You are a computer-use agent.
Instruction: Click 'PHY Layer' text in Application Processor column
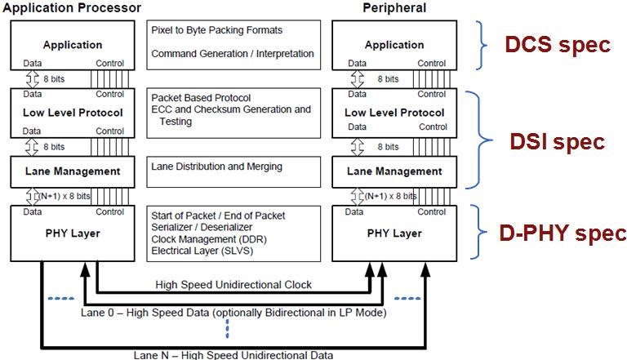pyautogui.click(x=73, y=233)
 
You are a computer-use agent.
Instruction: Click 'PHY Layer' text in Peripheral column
pyautogui.click(x=394, y=233)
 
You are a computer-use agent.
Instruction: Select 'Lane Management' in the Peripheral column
pyautogui.click(x=394, y=171)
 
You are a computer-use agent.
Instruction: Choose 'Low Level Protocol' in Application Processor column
pyautogui.click(x=73, y=112)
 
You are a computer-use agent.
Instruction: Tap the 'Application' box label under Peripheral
pyautogui.click(x=394, y=45)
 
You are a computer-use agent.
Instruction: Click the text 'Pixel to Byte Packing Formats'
pyautogui.click(x=216, y=30)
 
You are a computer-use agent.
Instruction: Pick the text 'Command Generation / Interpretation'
pyautogui.click(x=232, y=54)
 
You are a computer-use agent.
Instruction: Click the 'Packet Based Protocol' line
pyautogui.click(x=201, y=97)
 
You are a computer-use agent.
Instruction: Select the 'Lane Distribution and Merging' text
pyautogui.click(x=216, y=167)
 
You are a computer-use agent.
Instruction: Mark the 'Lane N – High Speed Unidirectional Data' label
pyautogui.click(x=233, y=354)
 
